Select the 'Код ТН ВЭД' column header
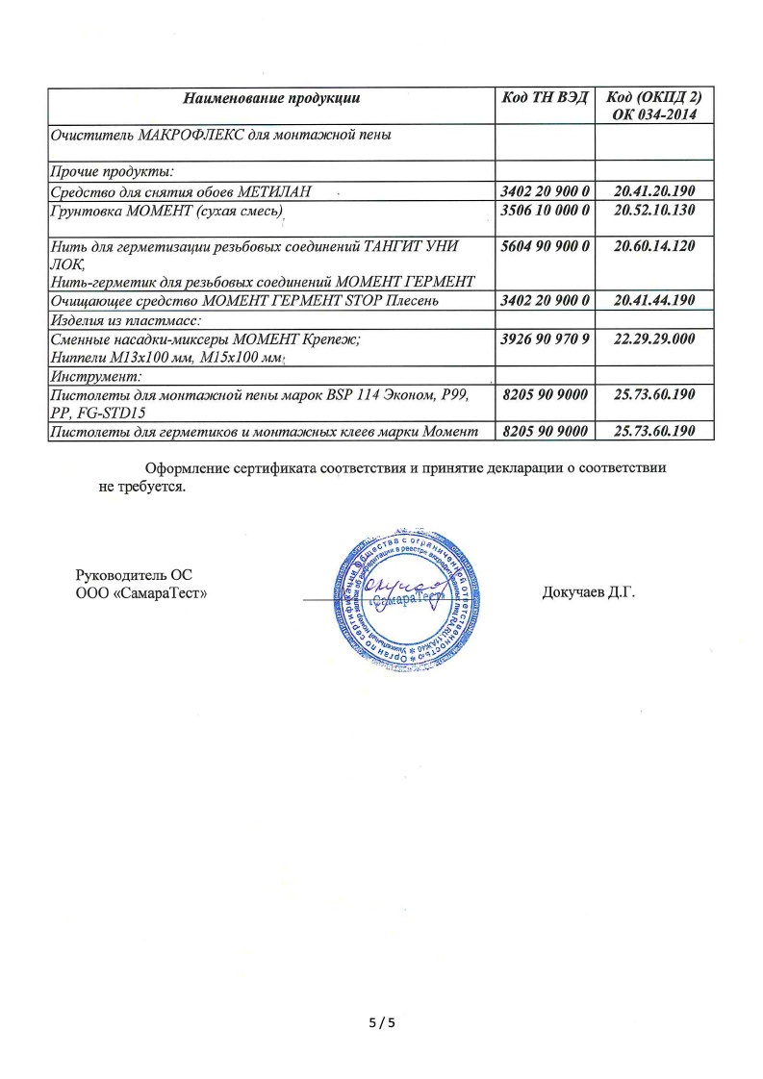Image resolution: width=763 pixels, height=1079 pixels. pos(545,98)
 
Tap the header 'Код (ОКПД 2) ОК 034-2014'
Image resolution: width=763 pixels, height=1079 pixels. pos(654,106)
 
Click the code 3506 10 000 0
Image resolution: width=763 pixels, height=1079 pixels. pos(545,210)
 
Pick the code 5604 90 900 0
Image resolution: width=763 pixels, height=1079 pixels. pos(545,246)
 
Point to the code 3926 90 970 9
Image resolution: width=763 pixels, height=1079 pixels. pos(545,339)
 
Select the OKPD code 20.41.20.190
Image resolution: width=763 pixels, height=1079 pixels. pos(654,192)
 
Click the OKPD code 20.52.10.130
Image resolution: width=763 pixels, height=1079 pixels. pos(654,210)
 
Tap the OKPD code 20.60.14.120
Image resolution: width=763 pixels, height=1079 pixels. pos(654,246)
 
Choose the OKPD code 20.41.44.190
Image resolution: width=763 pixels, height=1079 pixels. pos(654,301)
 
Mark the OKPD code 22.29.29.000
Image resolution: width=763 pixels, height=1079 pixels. pos(654,339)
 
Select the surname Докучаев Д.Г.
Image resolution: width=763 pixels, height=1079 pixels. pos(589,592)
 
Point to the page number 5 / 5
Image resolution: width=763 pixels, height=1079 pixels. pos(382,1023)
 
